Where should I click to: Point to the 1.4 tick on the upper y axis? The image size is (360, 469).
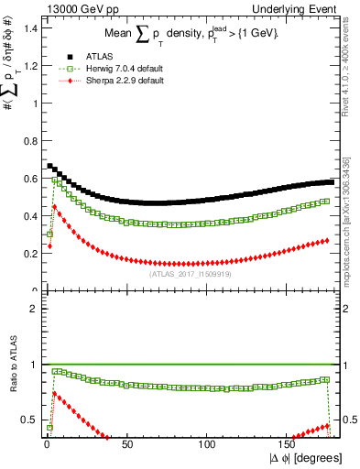click(30, 28)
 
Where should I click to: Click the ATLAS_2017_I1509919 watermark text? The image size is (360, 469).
click(190, 273)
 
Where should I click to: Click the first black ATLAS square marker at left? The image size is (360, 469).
click(49, 166)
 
